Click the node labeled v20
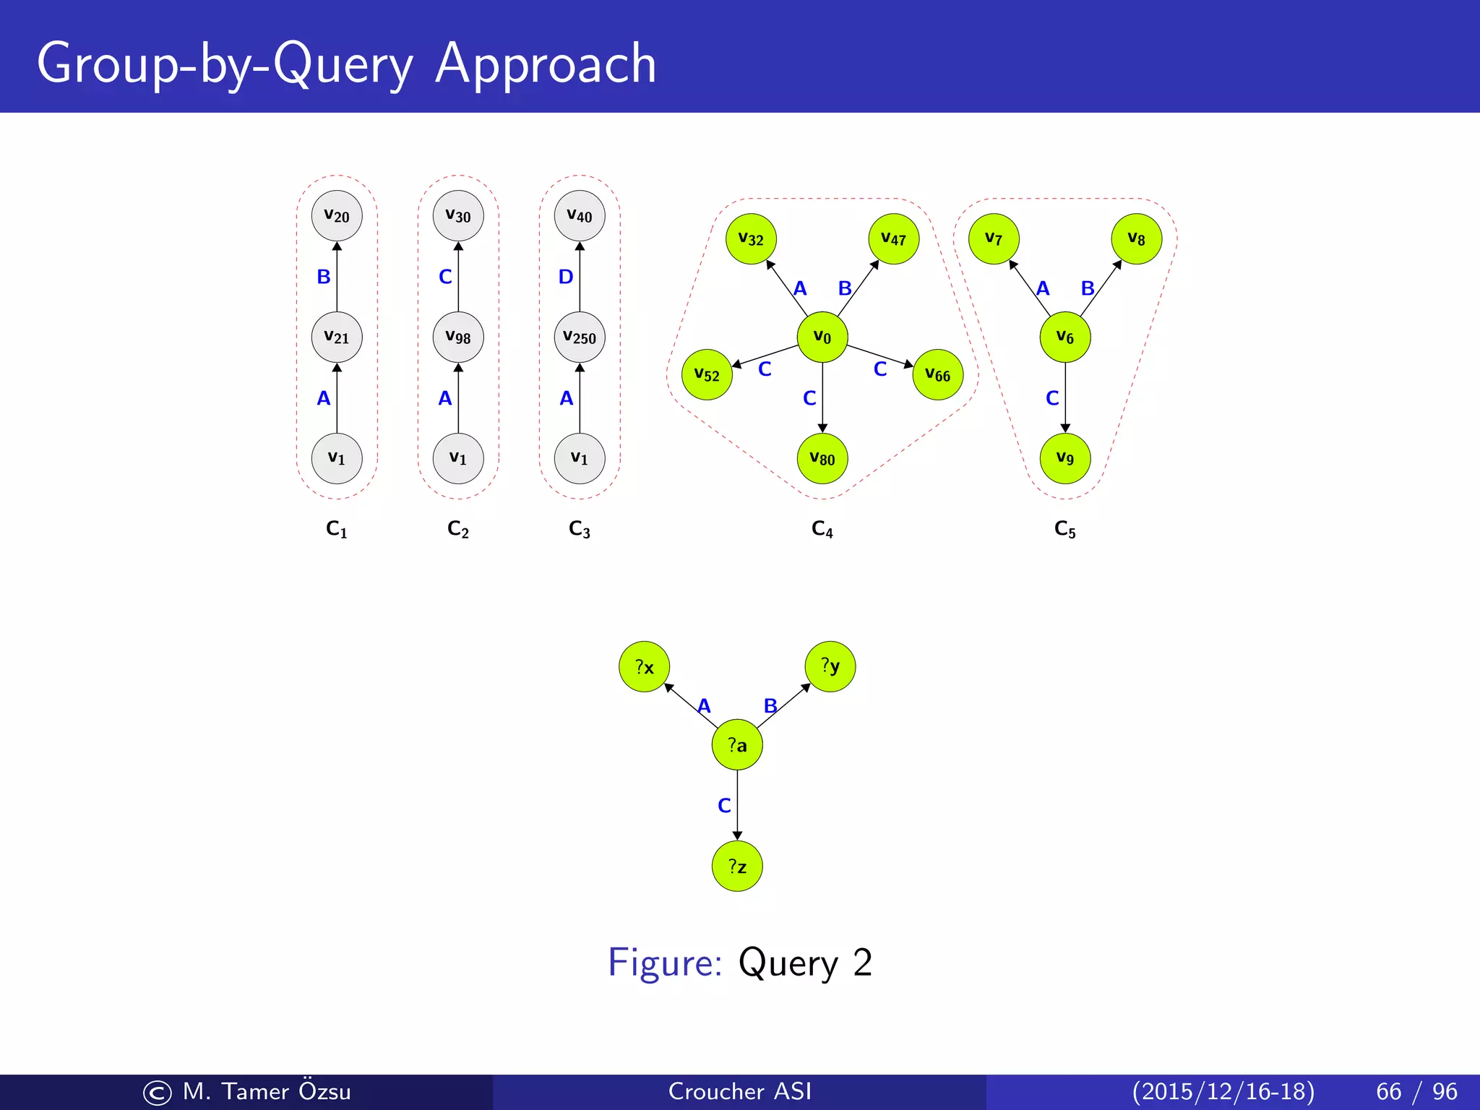click(x=337, y=216)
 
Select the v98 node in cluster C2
click(x=458, y=337)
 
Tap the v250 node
click(x=580, y=337)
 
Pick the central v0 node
click(x=822, y=337)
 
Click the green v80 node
click(x=822, y=458)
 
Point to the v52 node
click(x=707, y=374)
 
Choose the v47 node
click(x=894, y=239)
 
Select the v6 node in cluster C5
click(x=1065, y=337)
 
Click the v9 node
click(x=1065, y=458)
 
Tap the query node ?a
click(x=737, y=745)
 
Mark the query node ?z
click(x=737, y=866)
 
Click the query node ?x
click(x=645, y=666)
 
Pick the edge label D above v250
click(x=566, y=277)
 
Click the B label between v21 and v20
click(x=324, y=277)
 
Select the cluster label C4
click(x=822, y=530)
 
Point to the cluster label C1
click(x=337, y=530)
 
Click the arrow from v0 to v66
click(x=879, y=356)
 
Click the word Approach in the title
click(x=546, y=64)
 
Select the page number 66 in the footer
click(x=1389, y=1091)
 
